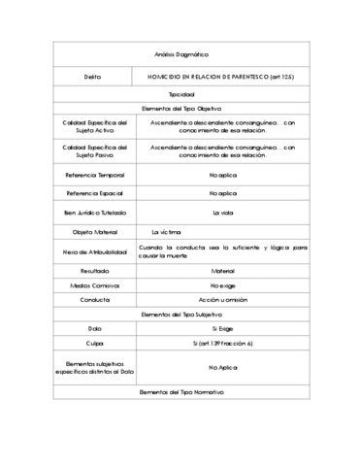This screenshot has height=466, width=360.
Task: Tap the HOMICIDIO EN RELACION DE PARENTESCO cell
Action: point(221,76)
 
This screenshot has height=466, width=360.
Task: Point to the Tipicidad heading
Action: point(181,94)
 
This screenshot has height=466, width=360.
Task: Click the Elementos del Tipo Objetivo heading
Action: point(181,109)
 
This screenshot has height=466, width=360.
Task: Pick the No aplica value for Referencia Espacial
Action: point(221,193)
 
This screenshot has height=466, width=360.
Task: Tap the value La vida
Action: point(223,212)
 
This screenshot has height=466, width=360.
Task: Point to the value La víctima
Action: point(166,232)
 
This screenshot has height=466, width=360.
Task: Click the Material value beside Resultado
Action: point(222,271)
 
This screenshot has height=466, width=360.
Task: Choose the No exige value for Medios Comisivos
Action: point(222,285)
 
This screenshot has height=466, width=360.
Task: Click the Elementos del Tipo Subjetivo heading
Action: point(181,315)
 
